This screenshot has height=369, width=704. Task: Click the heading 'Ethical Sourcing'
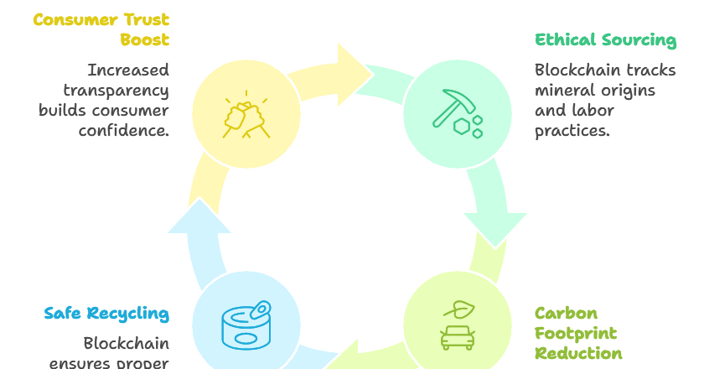point(605,39)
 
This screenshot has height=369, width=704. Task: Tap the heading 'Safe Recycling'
point(106,314)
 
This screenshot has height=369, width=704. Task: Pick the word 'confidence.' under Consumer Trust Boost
point(124,130)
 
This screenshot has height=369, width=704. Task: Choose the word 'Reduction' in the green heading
point(578,352)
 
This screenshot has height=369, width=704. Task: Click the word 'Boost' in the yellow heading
point(143,39)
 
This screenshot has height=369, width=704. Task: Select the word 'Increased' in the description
point(128,70)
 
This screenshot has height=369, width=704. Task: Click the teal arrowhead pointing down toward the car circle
point(494,226)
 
